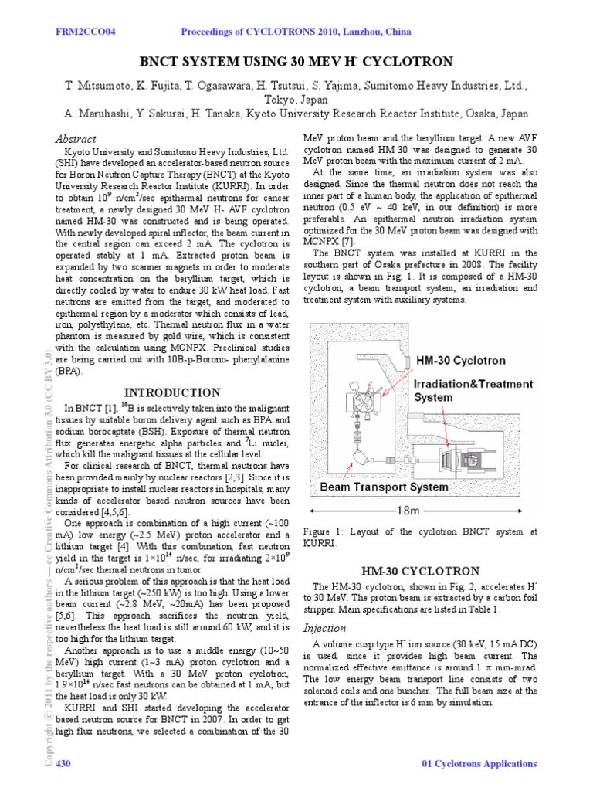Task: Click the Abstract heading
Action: (75, 139)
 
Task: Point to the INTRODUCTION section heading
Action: (173, 392)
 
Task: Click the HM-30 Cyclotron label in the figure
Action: (461, 360)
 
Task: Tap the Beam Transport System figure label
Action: (384, 487)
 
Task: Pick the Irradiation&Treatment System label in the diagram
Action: (473, 390)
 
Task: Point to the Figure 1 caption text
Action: (421, 537)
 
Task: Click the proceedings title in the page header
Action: (296, 32)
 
